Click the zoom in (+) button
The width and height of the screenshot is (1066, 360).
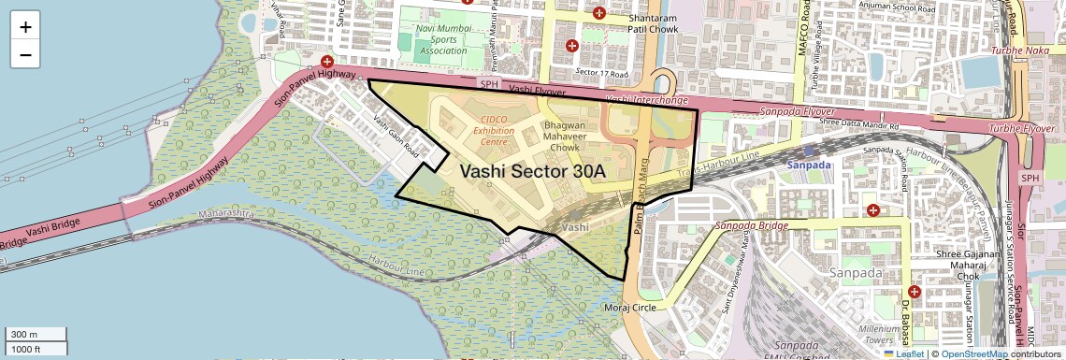coord(25,27)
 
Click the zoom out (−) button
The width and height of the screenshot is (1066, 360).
coord(25,55)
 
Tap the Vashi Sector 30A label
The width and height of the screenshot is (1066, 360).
coord(533,171)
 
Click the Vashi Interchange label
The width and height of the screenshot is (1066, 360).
coord(646,100)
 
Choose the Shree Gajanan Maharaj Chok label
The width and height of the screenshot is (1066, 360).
coord(970,266)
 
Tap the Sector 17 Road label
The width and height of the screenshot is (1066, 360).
coord(598,72)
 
